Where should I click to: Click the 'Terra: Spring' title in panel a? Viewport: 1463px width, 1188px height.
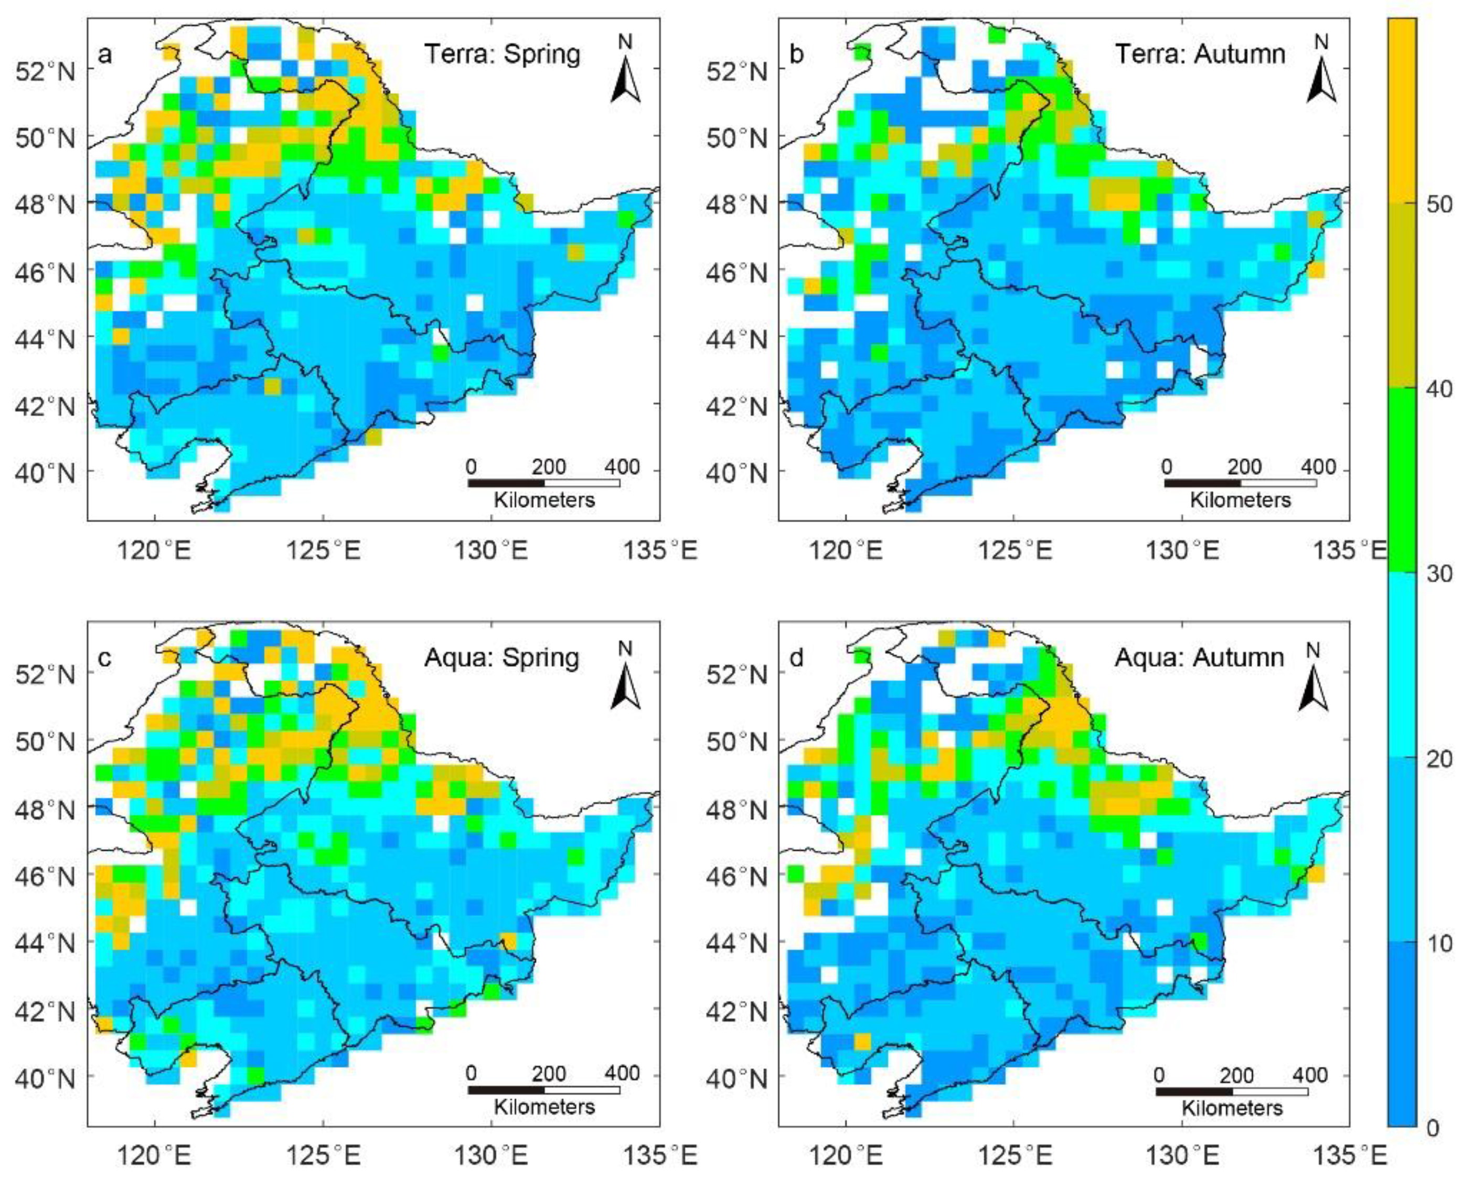(502, 54)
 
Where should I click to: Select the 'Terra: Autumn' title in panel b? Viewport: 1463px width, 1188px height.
(1200, 54)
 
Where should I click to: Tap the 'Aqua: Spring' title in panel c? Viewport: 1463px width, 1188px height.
(502, 657)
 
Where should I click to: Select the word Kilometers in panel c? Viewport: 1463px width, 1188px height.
(544, 1107)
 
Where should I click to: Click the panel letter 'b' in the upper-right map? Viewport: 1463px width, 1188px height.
(797, 55)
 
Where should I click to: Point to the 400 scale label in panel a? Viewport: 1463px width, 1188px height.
(622, 468)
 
